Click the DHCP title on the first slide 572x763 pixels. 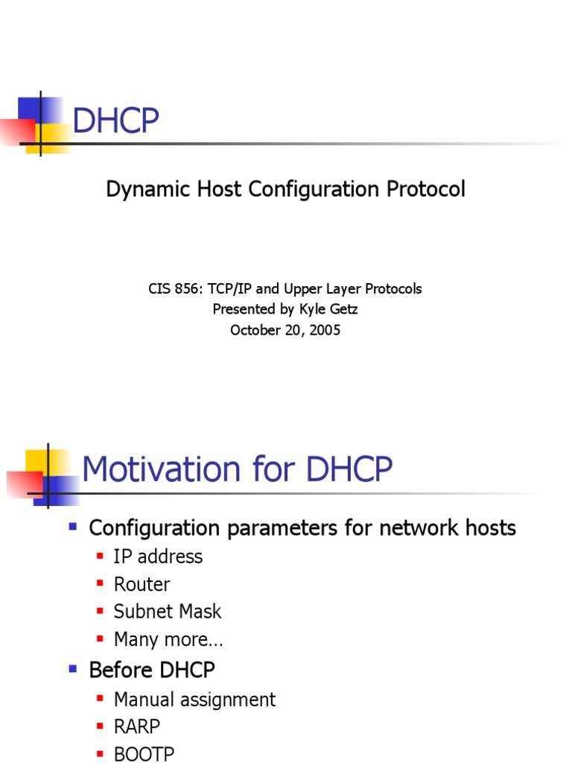pos(115,121)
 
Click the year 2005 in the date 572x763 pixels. pos(324,330)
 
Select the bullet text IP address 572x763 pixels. pos(158,557)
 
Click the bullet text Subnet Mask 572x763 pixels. pos(168,612)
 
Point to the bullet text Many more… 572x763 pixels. pos(168,639)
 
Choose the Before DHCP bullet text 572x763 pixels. pos(152,670)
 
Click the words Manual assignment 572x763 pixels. pos(194,700)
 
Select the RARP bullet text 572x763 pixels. pos(137,726)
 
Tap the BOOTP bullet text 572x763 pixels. pos(144,754)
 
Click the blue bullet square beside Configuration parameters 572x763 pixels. pos(73,526)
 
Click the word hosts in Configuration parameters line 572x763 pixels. pos(489,528)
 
